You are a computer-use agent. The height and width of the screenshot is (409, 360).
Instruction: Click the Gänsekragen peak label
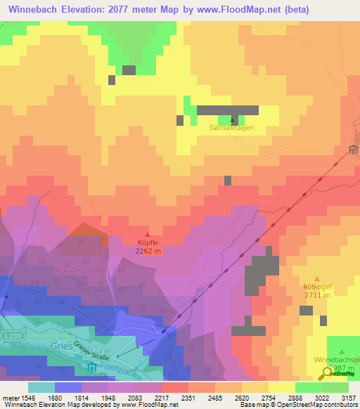[231, 128]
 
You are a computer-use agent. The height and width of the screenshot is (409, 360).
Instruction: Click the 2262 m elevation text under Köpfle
[148, 251]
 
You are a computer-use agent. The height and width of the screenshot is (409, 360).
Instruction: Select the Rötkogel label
[316, 287]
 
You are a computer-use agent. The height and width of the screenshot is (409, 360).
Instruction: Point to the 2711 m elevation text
[316, 295]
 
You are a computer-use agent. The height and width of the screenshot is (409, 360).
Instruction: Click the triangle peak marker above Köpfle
[147, 235]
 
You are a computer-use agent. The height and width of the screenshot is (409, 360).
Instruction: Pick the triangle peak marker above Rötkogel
[316, 279]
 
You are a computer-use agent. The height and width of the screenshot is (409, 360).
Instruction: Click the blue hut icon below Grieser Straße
[92, 367]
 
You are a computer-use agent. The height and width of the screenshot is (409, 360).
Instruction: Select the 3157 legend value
[349, 397]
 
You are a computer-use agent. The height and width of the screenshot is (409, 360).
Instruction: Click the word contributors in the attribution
[340, 405]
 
